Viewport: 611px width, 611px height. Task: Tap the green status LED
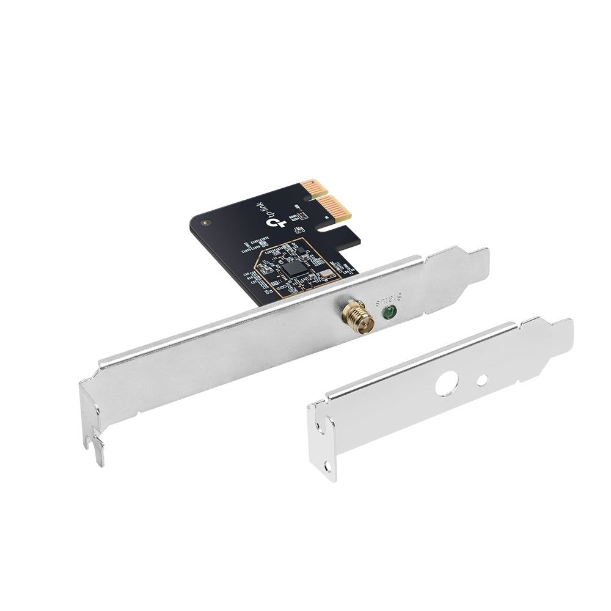coord(387,314)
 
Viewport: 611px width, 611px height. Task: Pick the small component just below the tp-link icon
coord(299,229)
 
